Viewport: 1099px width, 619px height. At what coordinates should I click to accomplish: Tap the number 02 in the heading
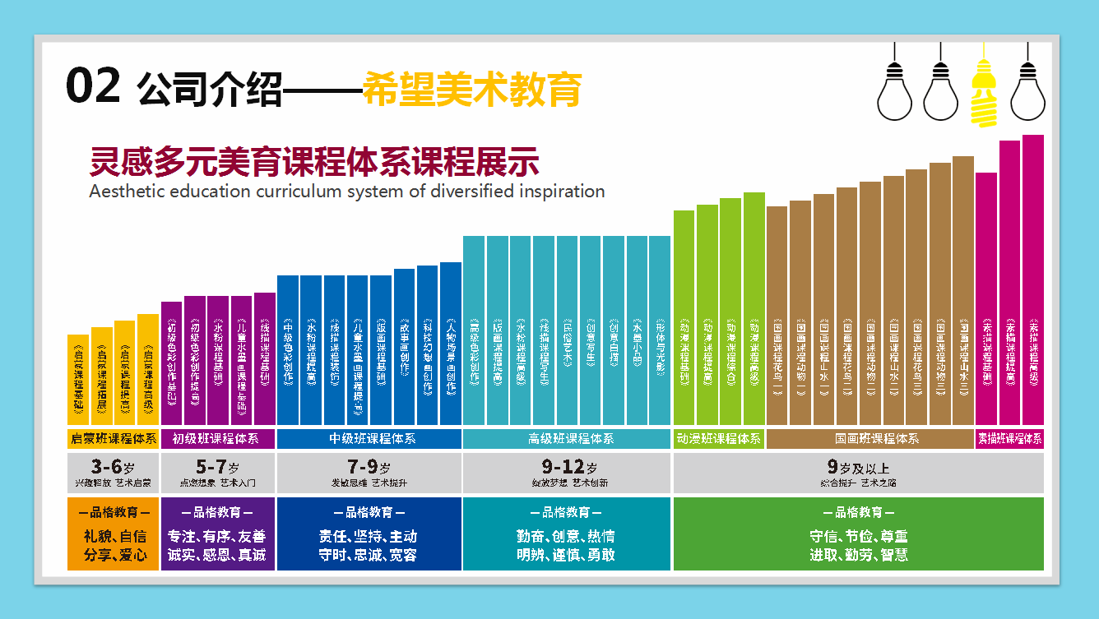(94, 86)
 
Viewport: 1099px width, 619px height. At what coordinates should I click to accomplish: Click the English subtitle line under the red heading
(346, 192)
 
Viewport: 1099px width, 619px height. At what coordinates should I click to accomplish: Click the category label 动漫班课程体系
(718, 439)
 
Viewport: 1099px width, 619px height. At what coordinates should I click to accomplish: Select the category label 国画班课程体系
(870, 439)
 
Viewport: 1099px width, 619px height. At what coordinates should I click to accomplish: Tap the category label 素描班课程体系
(1009, 439)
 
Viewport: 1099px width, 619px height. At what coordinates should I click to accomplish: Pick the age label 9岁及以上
(858, 469)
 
